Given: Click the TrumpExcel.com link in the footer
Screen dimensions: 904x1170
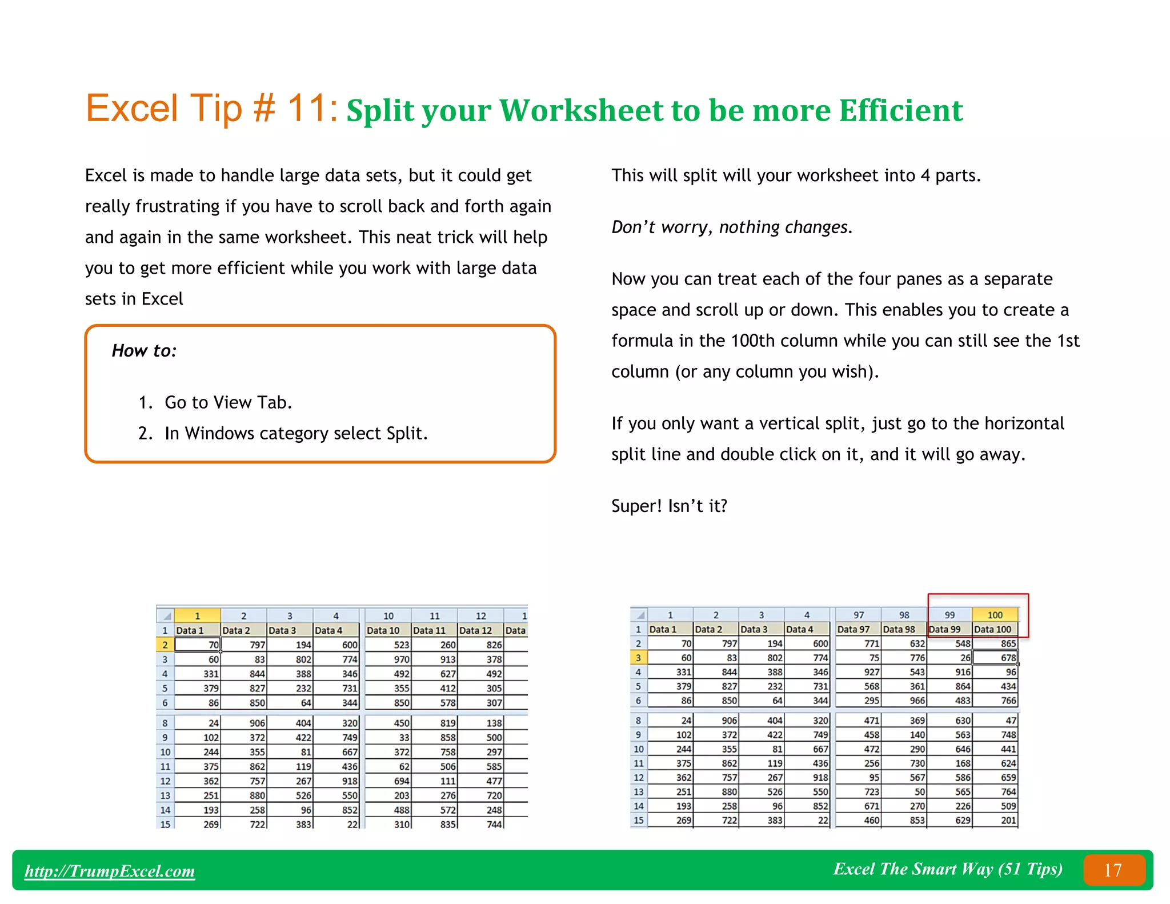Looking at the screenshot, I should point(110,871).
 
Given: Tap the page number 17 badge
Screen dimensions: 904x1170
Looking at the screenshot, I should point(1113,870).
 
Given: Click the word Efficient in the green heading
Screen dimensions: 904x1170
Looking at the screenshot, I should point(901,110).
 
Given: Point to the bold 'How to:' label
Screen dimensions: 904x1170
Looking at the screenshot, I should point(144,350).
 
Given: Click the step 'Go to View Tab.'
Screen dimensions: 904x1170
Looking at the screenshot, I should point(228,402).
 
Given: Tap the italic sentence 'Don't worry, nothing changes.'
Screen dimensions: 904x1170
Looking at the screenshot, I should point(732,227).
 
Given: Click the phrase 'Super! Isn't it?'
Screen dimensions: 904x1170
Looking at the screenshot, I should point(669,506).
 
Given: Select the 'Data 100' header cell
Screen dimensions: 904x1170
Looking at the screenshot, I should point(993,629).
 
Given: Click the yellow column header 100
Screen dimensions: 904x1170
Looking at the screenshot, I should point(995,615).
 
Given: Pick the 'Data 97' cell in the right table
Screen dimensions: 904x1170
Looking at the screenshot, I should point(854,629).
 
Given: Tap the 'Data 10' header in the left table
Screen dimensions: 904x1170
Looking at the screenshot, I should point(383,630).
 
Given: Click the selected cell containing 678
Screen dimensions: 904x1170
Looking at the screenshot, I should point(995,658).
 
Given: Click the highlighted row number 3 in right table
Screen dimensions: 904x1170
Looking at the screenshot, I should point(638,658).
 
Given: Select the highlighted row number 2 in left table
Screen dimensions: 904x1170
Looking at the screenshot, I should point(165,645).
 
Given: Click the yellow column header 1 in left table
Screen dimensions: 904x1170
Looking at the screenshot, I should point(197,615).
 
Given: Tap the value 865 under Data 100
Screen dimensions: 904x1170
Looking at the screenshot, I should point(1008,643).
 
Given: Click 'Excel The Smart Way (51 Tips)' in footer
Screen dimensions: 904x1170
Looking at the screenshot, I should point(948,869).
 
